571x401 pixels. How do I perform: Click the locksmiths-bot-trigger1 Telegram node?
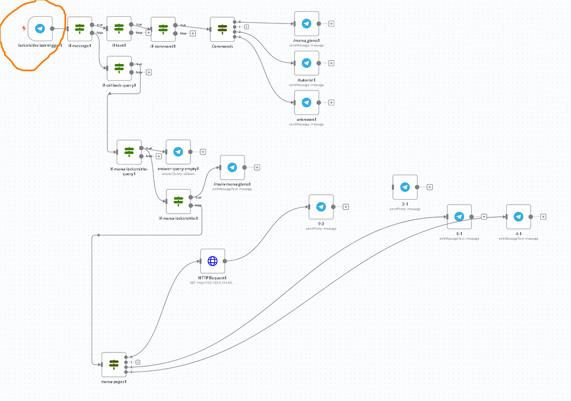(x=40, y=28)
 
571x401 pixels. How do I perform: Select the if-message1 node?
(x=80, y=28)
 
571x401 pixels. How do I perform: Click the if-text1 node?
(x=119, y=28)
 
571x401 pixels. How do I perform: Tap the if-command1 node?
(x=163, y=28)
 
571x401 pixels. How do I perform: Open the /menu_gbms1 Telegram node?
(x=306, y=23)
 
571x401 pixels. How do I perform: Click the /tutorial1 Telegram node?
(x=306, y=63)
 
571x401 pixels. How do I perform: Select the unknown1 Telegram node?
(x=306, y=102)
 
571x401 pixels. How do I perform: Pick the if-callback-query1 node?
(x=119, y=68)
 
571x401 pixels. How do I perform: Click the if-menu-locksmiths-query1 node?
(x=129, y=152)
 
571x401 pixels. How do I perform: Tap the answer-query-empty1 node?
(x=178, y=152)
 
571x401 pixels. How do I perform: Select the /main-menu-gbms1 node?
(x=232, y=167)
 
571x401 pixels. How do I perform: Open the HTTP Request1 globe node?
(x=213, y=261)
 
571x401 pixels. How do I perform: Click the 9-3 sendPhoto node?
(x=321, y=207)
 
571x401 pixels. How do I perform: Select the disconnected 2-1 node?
(x=405, y=187)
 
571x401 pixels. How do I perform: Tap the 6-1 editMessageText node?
(x=459, y=217)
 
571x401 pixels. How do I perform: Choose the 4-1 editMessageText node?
(x=518, y=217)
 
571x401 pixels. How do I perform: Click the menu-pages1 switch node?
(x=114, y=364)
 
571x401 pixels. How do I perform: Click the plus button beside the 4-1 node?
(x=543, y=217)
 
